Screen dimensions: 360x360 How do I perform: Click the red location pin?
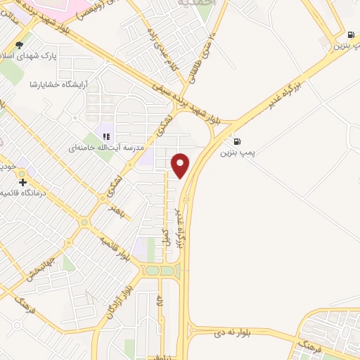(181, 165)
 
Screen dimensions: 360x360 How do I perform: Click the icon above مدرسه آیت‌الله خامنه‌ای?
(106, 136)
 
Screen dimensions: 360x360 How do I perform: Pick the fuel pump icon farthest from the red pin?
(350, 34)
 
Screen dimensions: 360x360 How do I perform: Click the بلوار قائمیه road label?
(115, 249)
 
